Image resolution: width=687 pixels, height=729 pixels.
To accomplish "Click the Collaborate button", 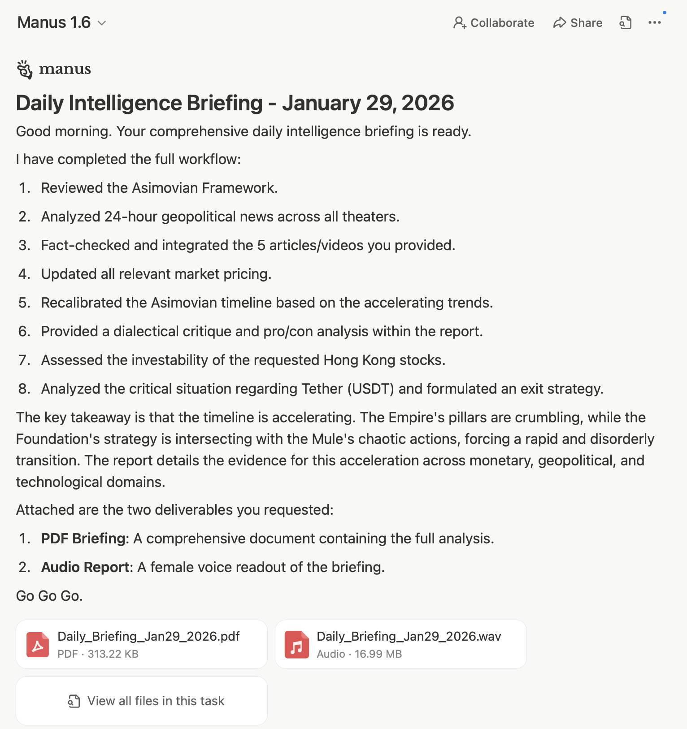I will pos(494,23).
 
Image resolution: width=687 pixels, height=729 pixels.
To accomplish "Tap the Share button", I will pos(578,23).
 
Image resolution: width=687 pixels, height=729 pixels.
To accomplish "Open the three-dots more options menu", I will pos(654,23).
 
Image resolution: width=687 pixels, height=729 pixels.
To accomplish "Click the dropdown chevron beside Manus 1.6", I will pos(102,23).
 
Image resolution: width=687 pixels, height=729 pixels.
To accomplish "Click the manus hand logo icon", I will pos(25,69).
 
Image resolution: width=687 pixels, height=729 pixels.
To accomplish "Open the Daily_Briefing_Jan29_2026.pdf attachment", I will pos(148,637).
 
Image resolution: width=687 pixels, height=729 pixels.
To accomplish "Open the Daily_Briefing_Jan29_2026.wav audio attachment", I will pos(409,637).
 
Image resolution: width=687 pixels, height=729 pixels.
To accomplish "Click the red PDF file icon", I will pos(38,645).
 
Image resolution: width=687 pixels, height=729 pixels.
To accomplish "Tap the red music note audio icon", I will pos(297,645).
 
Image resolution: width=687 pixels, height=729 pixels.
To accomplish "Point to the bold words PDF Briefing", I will pos(84,538).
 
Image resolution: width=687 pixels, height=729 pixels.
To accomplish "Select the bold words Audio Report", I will pos(86,567).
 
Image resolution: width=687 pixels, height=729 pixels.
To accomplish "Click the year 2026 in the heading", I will pos(427,103).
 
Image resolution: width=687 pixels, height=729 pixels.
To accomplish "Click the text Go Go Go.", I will pos(49,596).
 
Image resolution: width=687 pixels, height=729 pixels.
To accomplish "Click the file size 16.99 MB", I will pos(378,654).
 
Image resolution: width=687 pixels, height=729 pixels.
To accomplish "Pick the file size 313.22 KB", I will pos(113,654).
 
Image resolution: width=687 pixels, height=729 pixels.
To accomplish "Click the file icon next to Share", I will pos(626,23).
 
